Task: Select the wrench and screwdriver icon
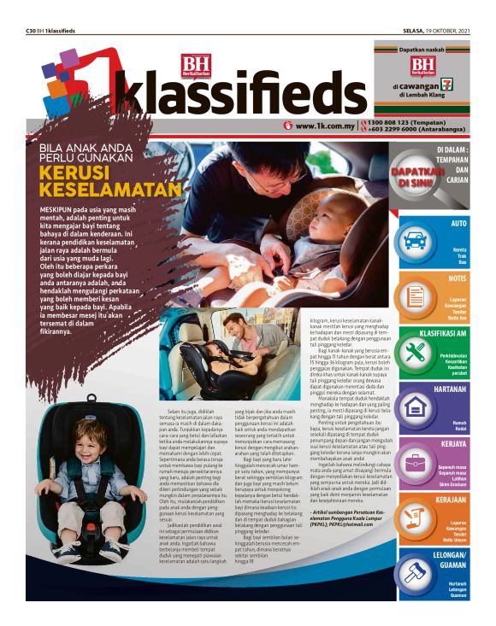[x=415, y=351]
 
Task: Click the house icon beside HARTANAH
[x=415, y=406]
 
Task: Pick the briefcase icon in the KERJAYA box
[x=415, y=461]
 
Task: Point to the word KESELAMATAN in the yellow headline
[x=110, y=189]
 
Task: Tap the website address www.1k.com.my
[x=325, y=126]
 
